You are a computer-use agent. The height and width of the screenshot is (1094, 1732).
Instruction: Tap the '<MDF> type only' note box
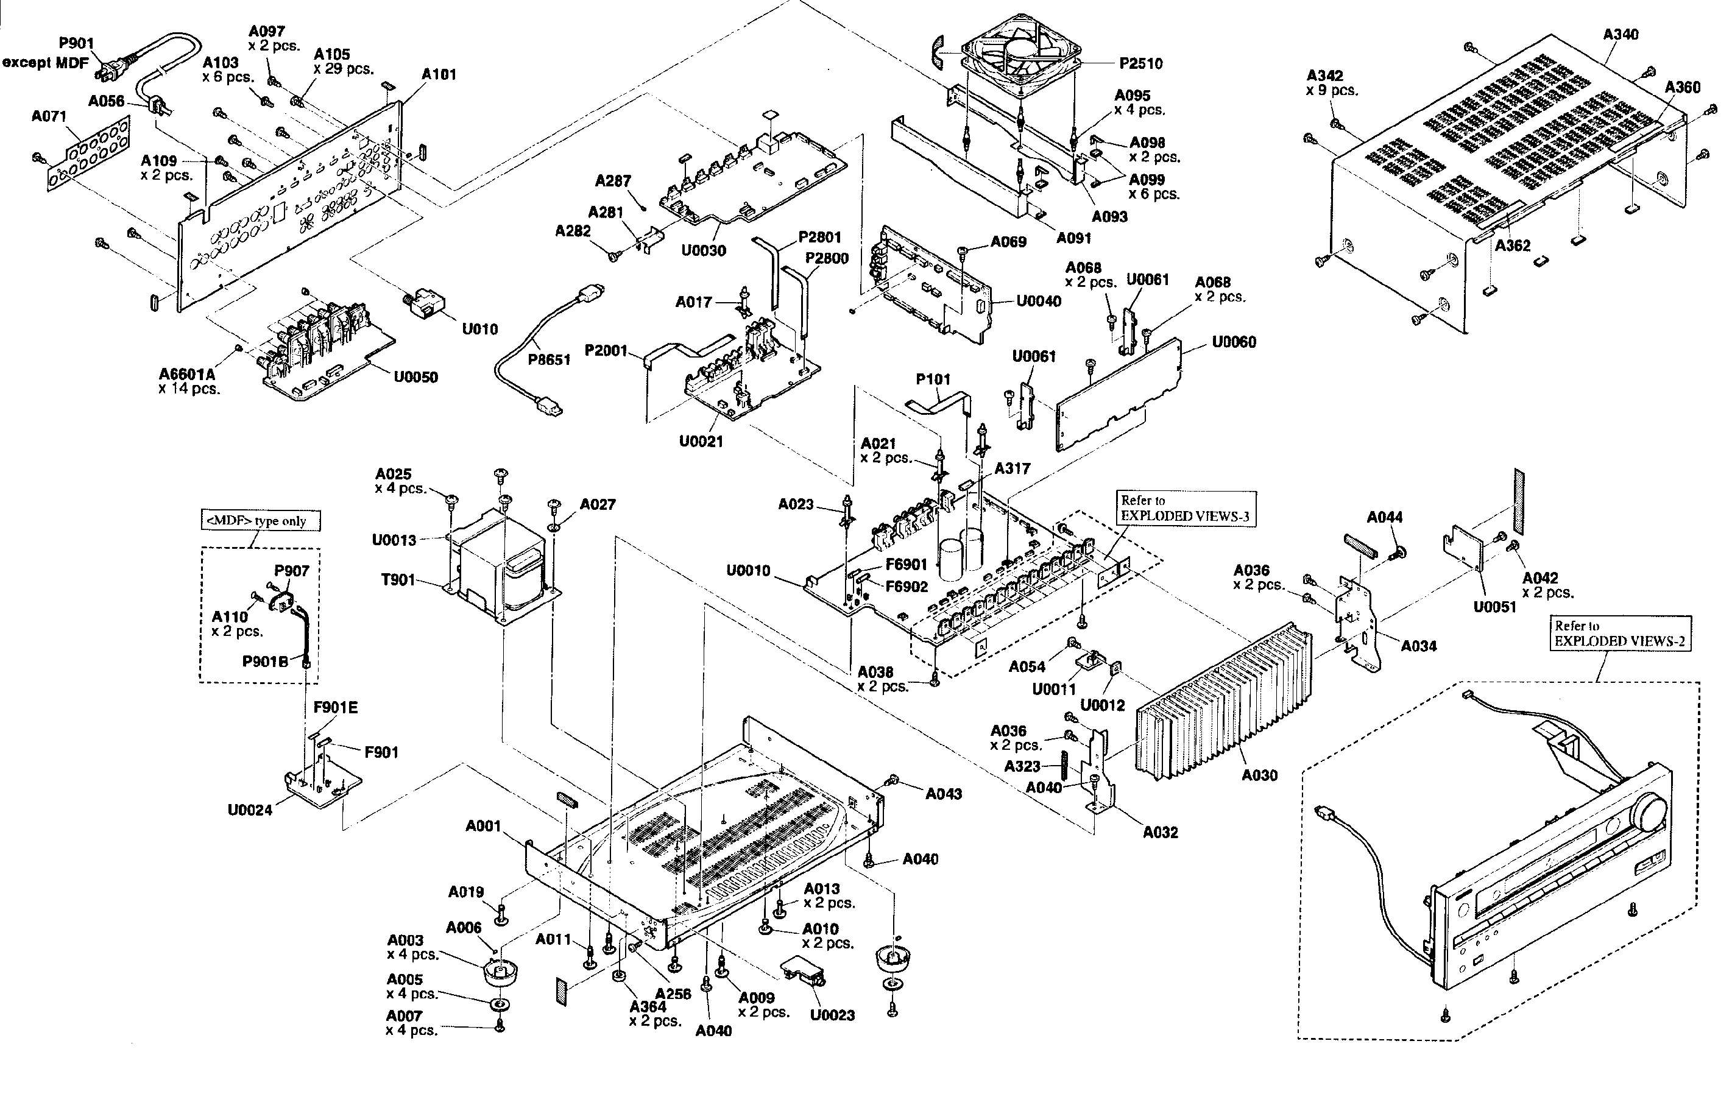[260, 521]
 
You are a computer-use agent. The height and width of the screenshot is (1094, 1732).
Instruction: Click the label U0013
[394, 540]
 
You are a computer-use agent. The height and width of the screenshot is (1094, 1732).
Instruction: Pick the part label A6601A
[187, 374]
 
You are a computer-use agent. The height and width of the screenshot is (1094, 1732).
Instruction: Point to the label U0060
[1234, 342]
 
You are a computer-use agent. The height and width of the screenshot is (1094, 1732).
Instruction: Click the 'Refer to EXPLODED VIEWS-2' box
[1620, 633]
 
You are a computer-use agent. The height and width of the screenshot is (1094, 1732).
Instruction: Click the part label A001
[482, 826]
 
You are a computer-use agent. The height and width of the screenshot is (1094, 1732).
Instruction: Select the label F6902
[907, 586]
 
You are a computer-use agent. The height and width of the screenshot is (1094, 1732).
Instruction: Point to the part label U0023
[832, 1015]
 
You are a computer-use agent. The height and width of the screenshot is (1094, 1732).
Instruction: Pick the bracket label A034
[1418, 646]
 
